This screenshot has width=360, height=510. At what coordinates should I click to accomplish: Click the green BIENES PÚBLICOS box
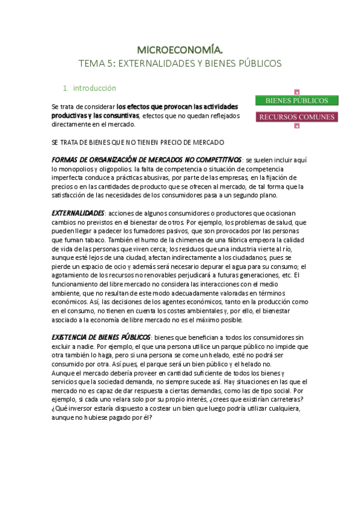pyautogui.click(x=297, y=100)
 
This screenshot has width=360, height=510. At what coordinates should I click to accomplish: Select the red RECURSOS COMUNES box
pyautogui.click(x=297, y=117)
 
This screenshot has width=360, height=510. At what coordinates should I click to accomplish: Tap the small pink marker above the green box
pyautogui.click(x=297, y=91)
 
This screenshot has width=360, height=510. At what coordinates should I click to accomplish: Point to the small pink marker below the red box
pyautogui.click(x=297, y=126)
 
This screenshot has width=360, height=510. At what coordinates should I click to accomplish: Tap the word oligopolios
pyautogui.click(x=117, y=170)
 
